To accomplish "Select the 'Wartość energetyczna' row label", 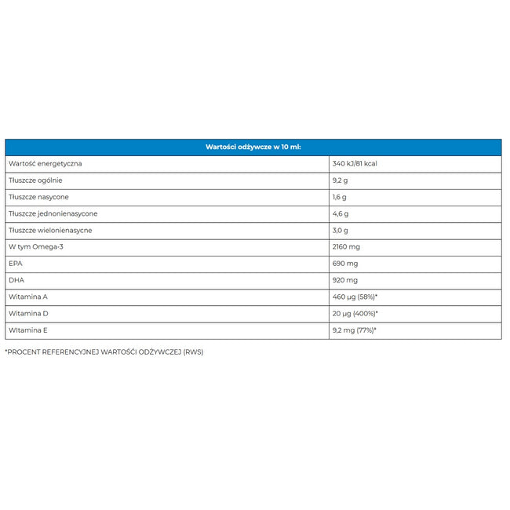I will point(45,163).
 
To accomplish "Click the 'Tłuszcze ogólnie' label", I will point(35,180).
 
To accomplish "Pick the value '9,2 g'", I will point(341,180).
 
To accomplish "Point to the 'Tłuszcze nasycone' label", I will point(38,197).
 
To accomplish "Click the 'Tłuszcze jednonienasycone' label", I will point(53,213).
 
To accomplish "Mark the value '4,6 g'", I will point(341,213).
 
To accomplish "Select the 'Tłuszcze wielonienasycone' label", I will point(50,230).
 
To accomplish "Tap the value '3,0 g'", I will point(341,230).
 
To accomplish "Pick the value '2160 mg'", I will point(347,246).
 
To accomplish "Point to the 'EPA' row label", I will point(16,264).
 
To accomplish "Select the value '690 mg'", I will point(345,264).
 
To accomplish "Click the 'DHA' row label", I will point(16,280).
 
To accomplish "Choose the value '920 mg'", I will point(345,280).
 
